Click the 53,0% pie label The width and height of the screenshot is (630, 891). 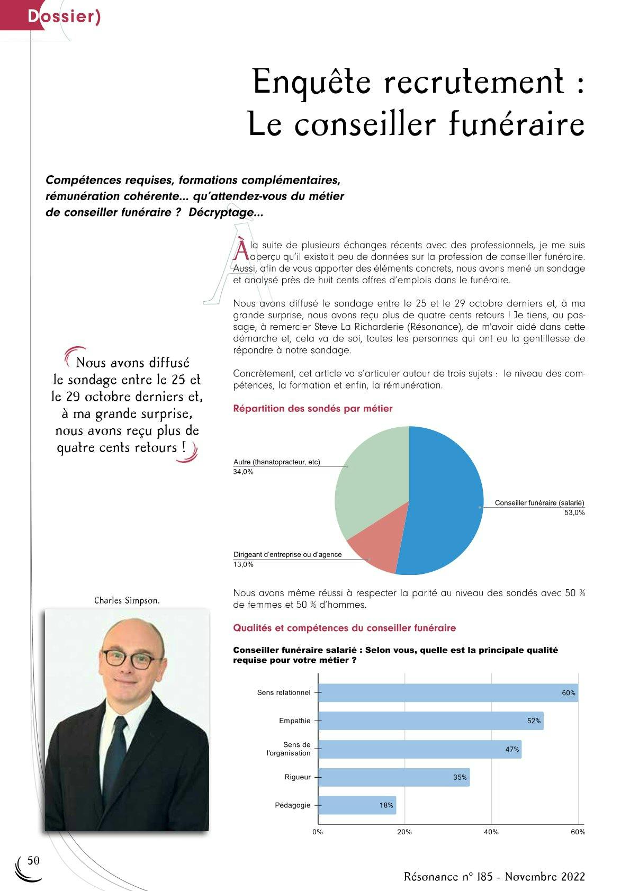(574, 512)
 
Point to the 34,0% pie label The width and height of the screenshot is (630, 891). (244, 472)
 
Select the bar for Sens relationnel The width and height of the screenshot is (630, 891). (447, 692)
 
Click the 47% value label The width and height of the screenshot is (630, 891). (512, 749)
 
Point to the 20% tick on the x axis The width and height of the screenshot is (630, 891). (404, 832)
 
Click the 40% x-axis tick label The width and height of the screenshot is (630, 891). (491, 832)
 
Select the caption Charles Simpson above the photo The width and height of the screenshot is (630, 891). (127, 600)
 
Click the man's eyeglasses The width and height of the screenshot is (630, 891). (132, 660)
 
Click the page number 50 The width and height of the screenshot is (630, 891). (33, 861)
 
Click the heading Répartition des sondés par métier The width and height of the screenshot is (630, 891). (313, 408)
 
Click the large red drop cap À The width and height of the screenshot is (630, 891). (240, 250)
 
